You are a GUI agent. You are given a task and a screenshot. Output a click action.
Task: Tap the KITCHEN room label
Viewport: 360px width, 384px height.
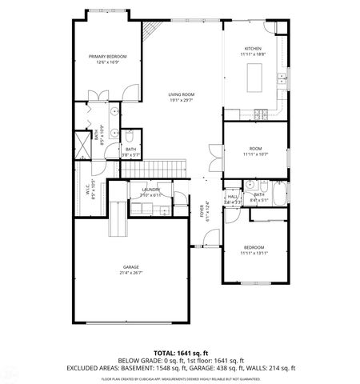(x=254, y=49)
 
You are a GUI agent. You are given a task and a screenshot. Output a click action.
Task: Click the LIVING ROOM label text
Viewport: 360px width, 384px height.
(x=182, y=94)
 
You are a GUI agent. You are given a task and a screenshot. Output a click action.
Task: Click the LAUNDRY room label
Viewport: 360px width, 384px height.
(x=151, y=190)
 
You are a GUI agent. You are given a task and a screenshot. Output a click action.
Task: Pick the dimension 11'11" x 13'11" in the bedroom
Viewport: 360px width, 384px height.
(x=253, y=253)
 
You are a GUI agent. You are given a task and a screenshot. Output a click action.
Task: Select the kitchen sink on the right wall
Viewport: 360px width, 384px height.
(x=283, y=78)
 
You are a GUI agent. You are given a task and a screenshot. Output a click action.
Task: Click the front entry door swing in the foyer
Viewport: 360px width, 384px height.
(x=210, y=237)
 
